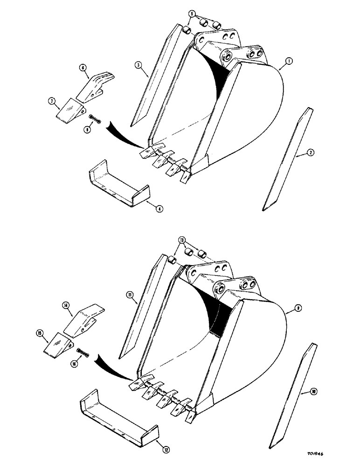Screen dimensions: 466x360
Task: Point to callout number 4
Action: [159, 209]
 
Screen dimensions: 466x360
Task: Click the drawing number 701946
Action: [329, 453]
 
